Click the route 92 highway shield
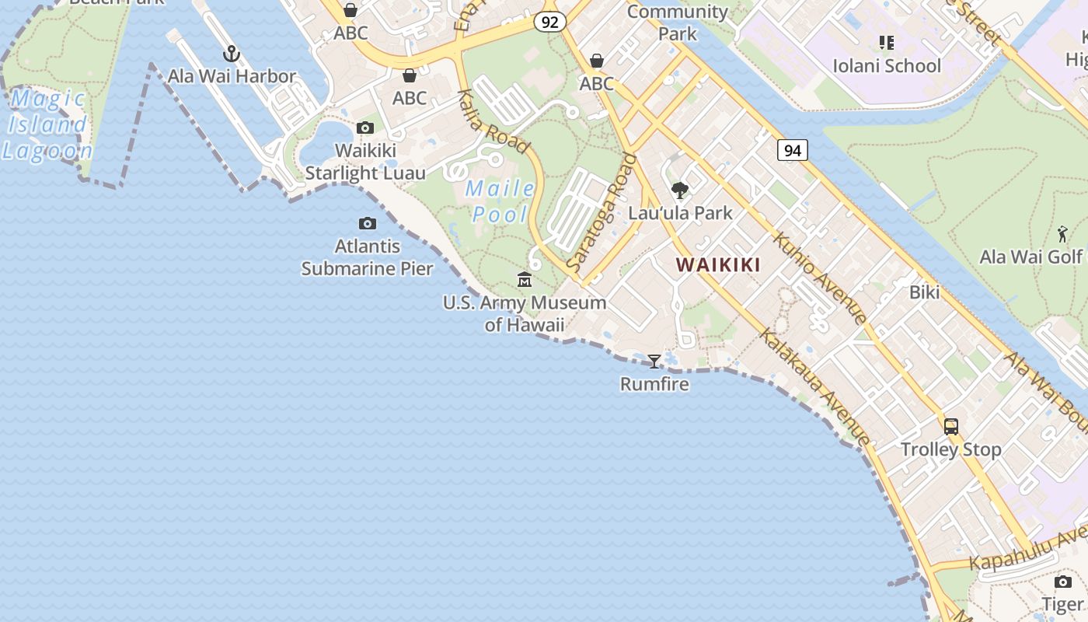point(549,22)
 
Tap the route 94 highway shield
point(792,150)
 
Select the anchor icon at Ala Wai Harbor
point(231,54)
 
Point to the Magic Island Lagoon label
point(48,124)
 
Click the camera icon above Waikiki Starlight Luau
point(365,128)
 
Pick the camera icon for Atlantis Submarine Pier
point(368,224)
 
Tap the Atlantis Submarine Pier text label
point(367,257)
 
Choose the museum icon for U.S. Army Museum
point(525,279)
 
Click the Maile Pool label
point(500,201)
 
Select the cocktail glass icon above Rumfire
point(654,361)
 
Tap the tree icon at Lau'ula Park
point(680,190)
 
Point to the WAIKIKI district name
point(718,265)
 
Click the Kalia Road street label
point(493,121)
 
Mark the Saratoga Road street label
point(602,212)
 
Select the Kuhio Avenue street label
point(819,278)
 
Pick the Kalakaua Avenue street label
point(814,386)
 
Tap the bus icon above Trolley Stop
point(951,426)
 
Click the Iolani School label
point(887,65)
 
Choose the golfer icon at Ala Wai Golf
point(1062,233)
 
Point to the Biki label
point(924,292)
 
